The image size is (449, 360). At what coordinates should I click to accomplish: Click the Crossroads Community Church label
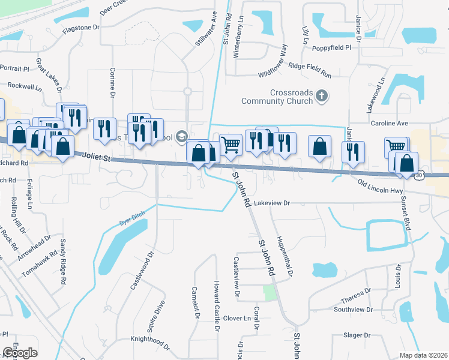click(x=277, y=97)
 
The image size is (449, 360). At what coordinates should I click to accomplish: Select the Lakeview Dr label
click(x=272, y=203)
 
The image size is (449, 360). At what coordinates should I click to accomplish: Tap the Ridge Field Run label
click(x=310, y=70)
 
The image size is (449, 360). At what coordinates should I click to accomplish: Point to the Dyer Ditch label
click(x=133, y=221)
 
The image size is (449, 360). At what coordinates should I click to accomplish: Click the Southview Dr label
click(x=354, y=310)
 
